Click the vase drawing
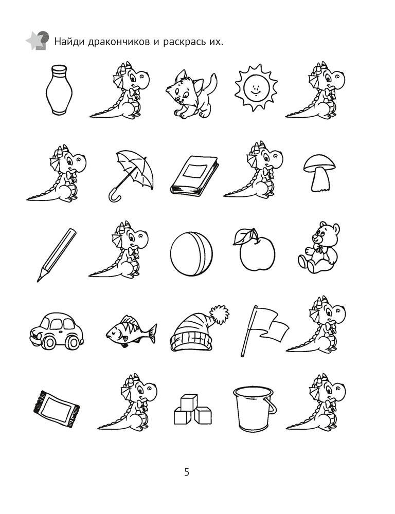[59, 90]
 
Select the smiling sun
[256, 87]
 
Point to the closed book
[194, 176]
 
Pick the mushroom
[319, 173]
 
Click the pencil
[57, 255]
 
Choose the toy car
[57, 331]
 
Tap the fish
[131, 331]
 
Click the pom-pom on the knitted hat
[220, 314]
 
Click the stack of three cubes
[192, 409]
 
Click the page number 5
[187, 472]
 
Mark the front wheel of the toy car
[49, 342]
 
